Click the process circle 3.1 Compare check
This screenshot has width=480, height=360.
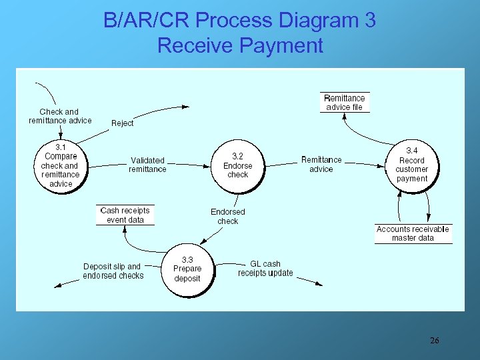point(60,165)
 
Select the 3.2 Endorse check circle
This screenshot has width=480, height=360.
point(238,165)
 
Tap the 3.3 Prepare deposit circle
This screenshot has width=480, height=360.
point(187,269)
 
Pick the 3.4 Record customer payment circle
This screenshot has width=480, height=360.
point(411,165)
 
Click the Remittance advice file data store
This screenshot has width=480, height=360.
point(344,103)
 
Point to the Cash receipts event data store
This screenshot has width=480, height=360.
point(125,215)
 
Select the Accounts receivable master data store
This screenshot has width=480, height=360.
point(413,233)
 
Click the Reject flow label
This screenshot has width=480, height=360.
point(122,123)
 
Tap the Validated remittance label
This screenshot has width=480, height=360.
point(147,165)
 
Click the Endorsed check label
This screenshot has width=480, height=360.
point(228,216)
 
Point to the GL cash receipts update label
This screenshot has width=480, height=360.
point(265,268)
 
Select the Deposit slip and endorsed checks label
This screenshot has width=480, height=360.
point(113,271)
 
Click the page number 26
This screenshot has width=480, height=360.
point(434,341)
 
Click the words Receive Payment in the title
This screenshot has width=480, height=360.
point(240,45)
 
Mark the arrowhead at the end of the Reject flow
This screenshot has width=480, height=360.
point(186,107)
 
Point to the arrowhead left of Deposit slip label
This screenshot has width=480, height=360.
point(57,285)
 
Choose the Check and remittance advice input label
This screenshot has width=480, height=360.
point(60,116)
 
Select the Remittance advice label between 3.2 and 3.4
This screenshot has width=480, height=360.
point(321,164)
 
